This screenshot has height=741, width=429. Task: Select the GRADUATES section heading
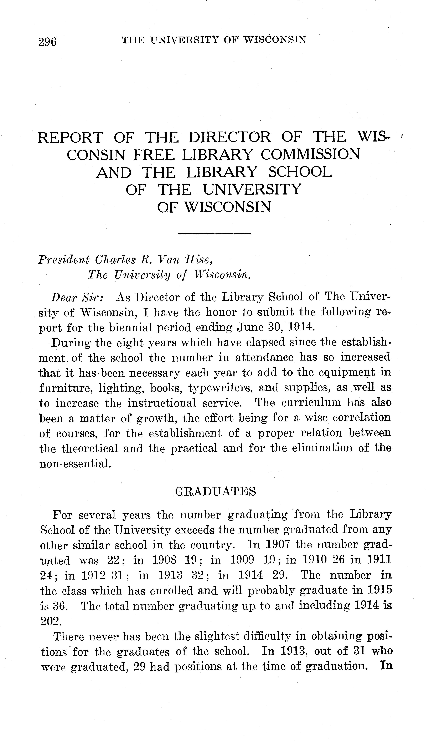[x=215, y=492]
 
